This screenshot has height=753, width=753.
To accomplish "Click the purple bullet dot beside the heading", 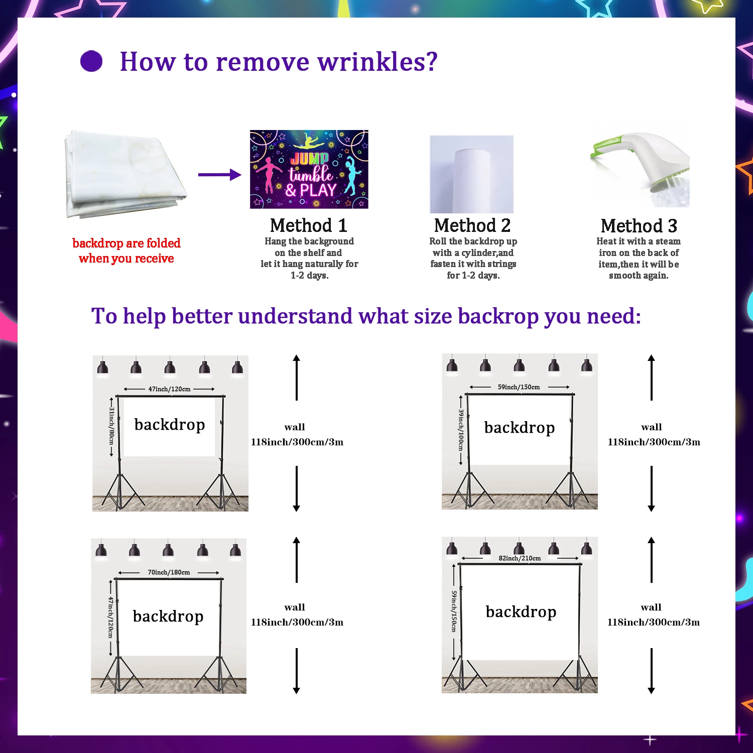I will (x=91, y=61).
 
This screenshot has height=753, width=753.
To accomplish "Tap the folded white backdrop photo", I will (x=125, y=174).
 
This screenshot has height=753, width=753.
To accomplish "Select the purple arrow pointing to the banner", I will (x=219, y=175).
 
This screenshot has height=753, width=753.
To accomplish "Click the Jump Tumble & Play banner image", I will (x=309, y=169).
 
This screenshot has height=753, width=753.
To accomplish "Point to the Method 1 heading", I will (x=308, y=225).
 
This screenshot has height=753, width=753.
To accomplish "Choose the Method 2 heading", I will (x=472, y=225).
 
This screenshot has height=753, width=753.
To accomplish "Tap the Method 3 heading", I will (x=639, y=226).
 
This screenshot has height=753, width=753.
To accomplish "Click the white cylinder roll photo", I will (x=471, y=174).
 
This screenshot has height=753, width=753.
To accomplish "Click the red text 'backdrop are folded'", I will (x=127, y=243).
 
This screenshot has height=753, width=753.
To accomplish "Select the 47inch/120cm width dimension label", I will (x=169, y=389).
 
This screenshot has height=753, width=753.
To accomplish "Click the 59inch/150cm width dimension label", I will (x=519, y=387).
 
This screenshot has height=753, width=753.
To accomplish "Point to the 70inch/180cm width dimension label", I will (x=169, y=572).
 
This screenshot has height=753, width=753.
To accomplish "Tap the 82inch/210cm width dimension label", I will (x=520, y=558).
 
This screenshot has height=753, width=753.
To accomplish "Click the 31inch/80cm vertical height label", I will (x=111, y=426).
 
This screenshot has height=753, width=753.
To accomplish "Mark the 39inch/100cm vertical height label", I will (x=461, y=430).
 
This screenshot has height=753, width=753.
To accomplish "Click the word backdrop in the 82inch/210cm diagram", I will (x=521, y=612).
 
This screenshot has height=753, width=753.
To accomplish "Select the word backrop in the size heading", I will (x=497, y=316).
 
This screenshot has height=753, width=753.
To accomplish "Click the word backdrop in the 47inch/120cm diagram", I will (x=170, y=425).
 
